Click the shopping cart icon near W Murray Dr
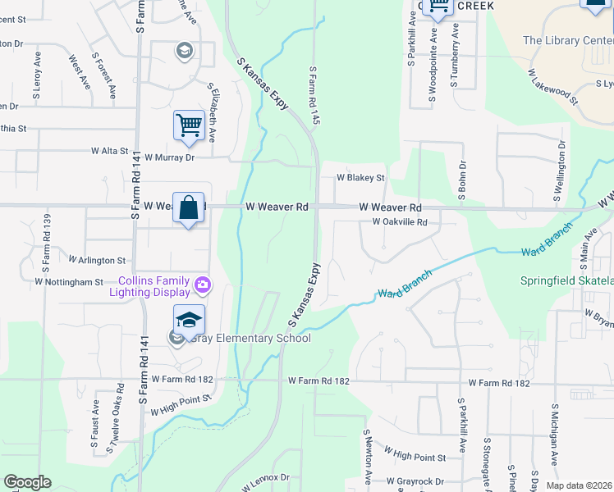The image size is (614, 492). [x=189, y=125]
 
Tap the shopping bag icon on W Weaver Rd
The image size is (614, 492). [x=188, y=207]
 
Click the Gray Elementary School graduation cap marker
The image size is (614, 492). [x=188, y=320]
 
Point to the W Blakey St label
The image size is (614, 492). [x=360, y=177]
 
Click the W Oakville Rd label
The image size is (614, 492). [x=400, y=222]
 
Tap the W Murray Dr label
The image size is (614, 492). [x=169, y=157]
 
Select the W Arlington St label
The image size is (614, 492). [x=98, y=260]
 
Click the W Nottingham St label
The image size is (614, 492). [x=69, y=281]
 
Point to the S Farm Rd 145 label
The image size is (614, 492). [x=314, y=96]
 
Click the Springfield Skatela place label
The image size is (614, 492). [x=566, y=280]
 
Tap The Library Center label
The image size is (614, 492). [x=567, y=40]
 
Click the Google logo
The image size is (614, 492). [x=28, y=482]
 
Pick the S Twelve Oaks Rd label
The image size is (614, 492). [x=115, y=418]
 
